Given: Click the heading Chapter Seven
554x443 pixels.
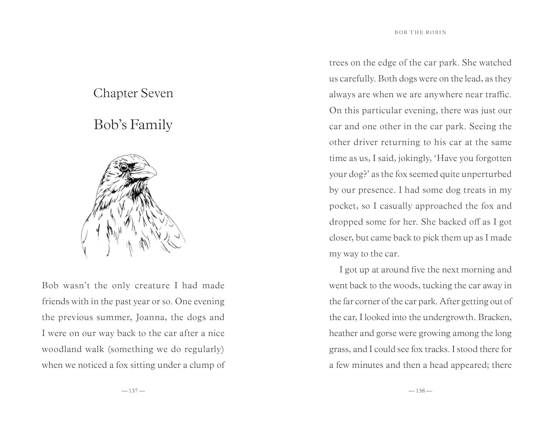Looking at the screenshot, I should pos(133,93).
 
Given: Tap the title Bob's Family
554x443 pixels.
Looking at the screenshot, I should pos(133,125).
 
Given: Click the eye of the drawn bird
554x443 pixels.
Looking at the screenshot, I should pos(124,167).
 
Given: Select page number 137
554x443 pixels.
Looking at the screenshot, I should pos(133,391).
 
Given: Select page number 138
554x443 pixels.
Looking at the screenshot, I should pos(420,391).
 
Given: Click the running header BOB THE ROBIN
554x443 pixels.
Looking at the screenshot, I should pos(420,32).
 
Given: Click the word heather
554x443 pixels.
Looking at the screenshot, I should pos(343,333).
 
